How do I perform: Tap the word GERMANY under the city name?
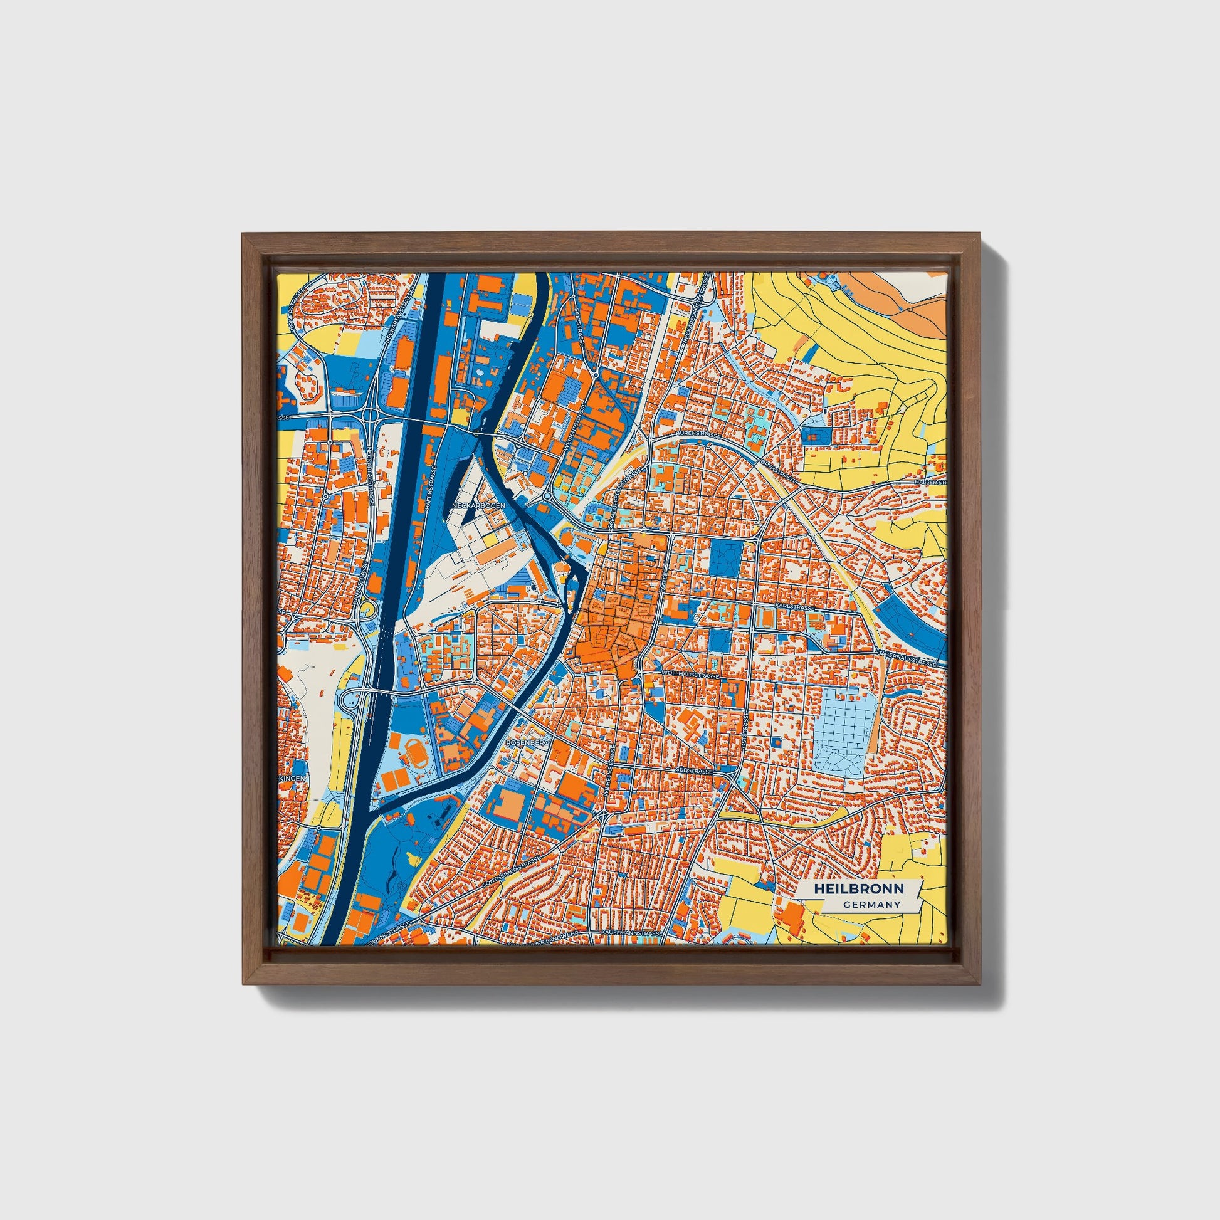871,905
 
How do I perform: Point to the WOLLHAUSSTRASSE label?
691,675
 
